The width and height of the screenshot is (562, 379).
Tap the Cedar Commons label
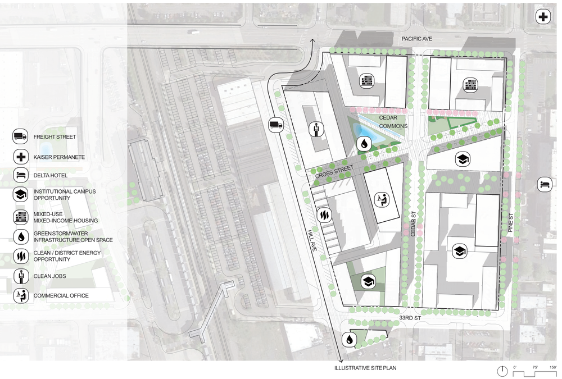point(392,121)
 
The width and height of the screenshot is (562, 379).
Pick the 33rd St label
point(410,318)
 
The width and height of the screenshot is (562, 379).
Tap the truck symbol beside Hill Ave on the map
point(276,125)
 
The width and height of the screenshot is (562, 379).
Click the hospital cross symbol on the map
point(543,17)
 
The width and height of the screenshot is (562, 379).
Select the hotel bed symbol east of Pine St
point(544,184)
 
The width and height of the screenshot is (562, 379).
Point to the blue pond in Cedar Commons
point(370,134)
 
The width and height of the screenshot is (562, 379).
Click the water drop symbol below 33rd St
point(350,339)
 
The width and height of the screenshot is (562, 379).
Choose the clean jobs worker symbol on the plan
point(315,129)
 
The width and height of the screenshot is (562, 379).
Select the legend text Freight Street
point(55,136)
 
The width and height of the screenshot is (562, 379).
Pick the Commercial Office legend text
point(61,296)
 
